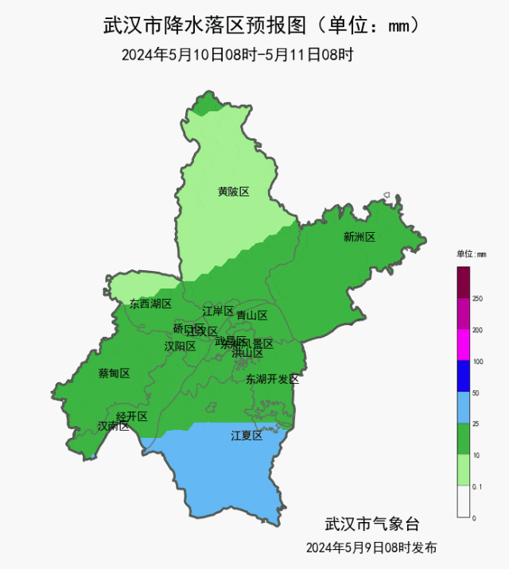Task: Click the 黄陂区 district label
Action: point(234,192)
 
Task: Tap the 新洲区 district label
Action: point(359,237)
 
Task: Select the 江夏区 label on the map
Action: point(247,435)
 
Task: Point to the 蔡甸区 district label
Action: point(114,374)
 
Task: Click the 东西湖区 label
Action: point(150,304)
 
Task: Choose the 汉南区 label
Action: point(113,426)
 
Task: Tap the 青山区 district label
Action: point(252,315)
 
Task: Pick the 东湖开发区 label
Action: point(272,379)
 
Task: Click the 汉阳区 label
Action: point(180,346)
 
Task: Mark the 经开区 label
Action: point(132,416)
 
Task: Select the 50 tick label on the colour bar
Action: point(476,393)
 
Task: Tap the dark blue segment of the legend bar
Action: point(464,377)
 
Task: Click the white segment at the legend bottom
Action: point(464,501)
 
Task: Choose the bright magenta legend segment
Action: point(464,346)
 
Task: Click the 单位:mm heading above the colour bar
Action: point(471,254)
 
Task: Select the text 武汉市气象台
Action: point(371,524)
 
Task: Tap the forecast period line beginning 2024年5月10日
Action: point(237,55)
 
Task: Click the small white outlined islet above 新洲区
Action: point(386,195)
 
